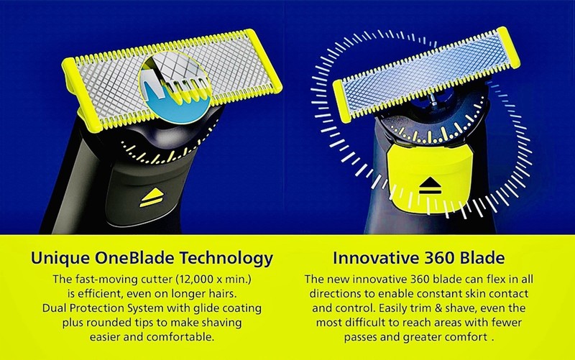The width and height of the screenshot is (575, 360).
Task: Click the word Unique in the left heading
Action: click(60, 258)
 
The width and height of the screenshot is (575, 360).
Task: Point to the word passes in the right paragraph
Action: click(361, 337)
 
